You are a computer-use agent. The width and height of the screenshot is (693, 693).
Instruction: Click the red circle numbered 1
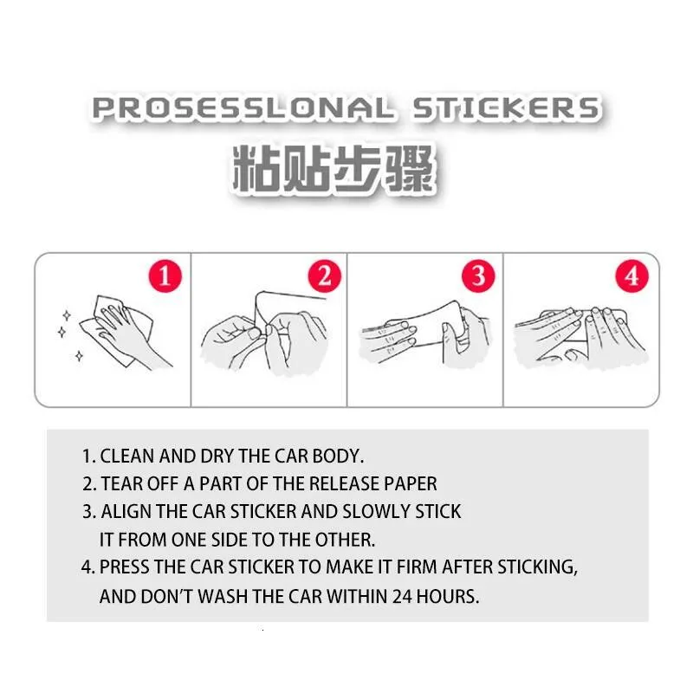click(165, 276)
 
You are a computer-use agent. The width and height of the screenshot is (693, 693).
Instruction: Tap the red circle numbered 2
click(324, 276)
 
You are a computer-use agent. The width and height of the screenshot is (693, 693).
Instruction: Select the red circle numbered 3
click(478, 276)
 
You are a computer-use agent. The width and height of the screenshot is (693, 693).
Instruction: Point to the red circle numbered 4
click(631, 276)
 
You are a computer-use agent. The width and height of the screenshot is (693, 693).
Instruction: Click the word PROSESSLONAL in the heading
click(243, 108)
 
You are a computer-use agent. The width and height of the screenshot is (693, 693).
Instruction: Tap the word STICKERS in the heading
click(507, 108)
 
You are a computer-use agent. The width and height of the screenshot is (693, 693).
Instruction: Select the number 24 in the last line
click(402, 596)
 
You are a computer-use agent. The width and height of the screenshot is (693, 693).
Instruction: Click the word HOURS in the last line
click(447, 596)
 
